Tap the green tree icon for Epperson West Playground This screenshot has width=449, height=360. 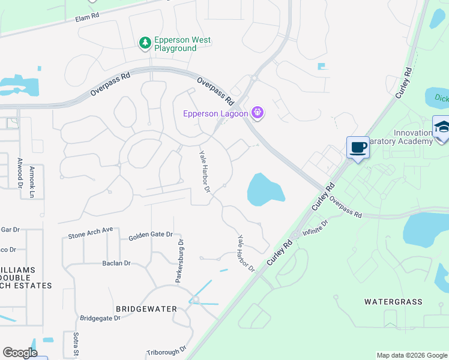[145, 43]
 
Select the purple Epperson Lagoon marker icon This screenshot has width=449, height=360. [258, 112]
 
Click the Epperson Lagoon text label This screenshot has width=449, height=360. [217, 113]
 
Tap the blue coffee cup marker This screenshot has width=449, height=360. [358, 148]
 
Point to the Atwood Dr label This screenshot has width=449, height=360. [20, 169]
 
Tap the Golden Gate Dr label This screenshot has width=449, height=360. [151, 236]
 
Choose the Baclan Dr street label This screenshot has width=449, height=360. [116, 263]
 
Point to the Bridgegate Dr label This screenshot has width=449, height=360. [100, 317]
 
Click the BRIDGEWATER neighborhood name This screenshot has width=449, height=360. [147, 308]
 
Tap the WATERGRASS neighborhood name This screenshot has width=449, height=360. [393, 302]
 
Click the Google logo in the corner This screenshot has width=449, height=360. [19, 353]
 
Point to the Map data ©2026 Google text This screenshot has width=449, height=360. [412, 355]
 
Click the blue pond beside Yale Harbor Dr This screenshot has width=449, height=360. [265, 188]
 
